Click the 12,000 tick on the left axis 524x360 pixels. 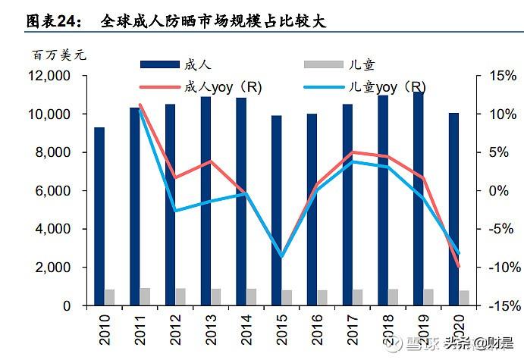[x=49, y=76]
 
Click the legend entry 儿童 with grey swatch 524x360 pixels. [x=360, y=67]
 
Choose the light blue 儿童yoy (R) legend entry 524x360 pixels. [x=379, y=87]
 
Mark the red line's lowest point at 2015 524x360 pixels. [x=282, y=257]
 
